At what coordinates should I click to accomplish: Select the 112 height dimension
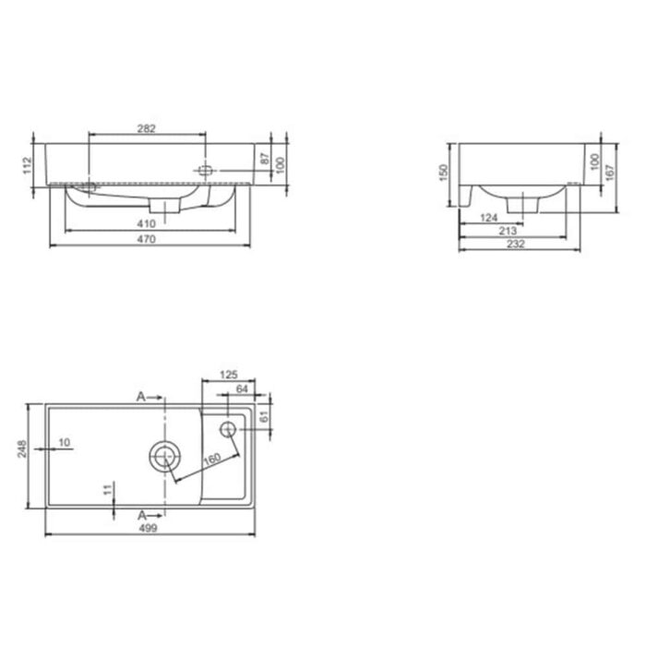click(28, 165)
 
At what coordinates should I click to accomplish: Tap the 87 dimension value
click(264, 160)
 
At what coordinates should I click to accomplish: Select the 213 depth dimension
click(506, 231)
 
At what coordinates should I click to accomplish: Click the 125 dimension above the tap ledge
click(229, 375)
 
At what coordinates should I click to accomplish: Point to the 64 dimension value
click(242, 389)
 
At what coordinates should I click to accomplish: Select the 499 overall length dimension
click(148, 528)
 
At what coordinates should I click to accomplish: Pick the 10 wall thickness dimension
click(65, 443)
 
